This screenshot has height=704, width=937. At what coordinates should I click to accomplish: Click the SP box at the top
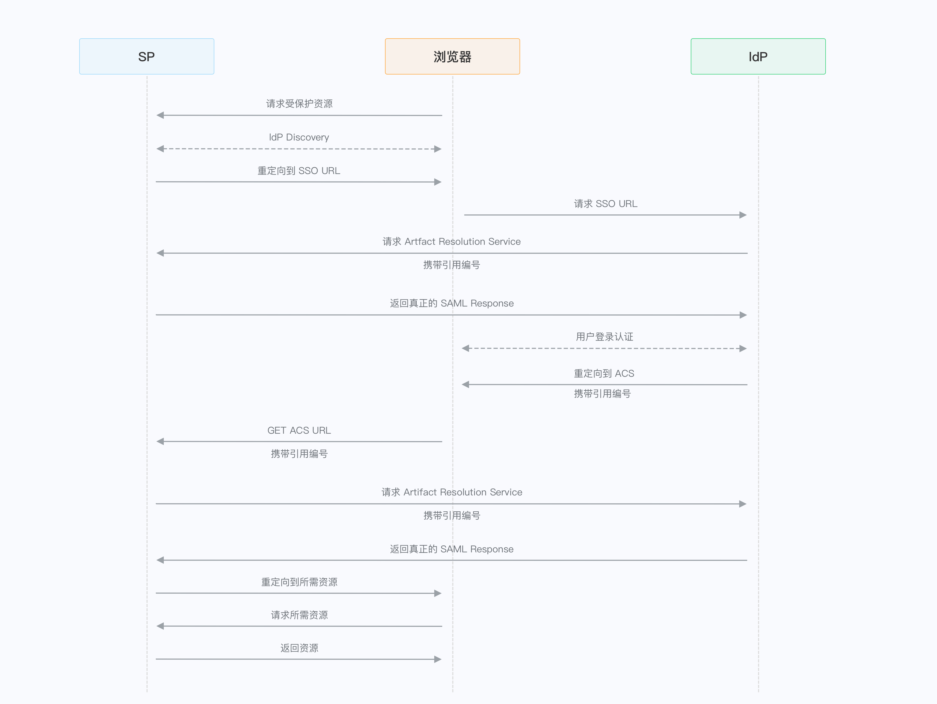(147, 56)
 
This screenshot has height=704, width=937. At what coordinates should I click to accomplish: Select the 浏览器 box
(452, 56)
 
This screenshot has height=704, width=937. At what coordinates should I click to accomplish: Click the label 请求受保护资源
(299, 104)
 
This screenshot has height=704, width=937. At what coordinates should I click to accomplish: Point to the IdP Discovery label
(299, 137)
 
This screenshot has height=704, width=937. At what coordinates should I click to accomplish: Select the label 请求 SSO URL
(605, 204)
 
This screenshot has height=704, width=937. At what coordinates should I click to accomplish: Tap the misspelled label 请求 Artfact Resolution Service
(451, 242)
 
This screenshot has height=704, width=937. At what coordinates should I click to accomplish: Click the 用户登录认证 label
(604, 337)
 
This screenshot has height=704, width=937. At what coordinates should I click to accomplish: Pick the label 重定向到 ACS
(604, 373)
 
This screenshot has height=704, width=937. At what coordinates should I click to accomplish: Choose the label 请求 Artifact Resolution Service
(451, 492)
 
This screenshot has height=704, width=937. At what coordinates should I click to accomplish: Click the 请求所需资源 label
(299, 615)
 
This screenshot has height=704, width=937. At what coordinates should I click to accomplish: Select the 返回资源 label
(299, 648)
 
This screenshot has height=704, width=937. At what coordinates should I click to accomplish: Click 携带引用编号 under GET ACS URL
(299, 454)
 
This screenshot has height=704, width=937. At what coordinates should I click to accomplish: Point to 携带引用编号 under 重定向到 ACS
(602, 394)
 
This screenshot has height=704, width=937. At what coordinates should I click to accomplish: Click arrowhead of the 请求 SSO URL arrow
(743, 215)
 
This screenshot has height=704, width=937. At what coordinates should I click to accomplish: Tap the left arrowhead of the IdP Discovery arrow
(160, 149)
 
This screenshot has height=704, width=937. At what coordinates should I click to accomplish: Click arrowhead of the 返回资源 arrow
(438, 659)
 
